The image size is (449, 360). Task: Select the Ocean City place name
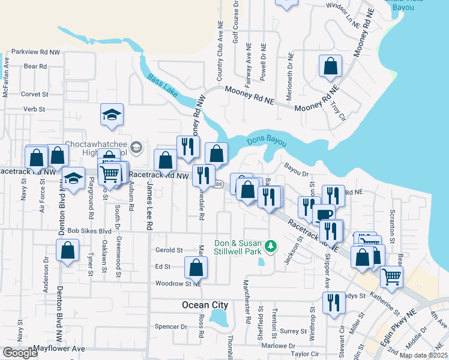tap(205, 305)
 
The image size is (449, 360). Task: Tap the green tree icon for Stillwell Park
tap(271, 245)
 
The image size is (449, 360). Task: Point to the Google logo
tap(20, 353)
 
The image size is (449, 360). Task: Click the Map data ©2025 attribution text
tap(423, 355)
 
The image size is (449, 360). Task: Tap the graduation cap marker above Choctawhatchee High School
tap(111, 115)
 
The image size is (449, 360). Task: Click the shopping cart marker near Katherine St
tap(391, 276)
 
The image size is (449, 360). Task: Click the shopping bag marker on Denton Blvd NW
tap(68, 250)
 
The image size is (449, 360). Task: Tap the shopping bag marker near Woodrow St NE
tap(195, 266)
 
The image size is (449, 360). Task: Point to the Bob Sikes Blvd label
tap(89, 230)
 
